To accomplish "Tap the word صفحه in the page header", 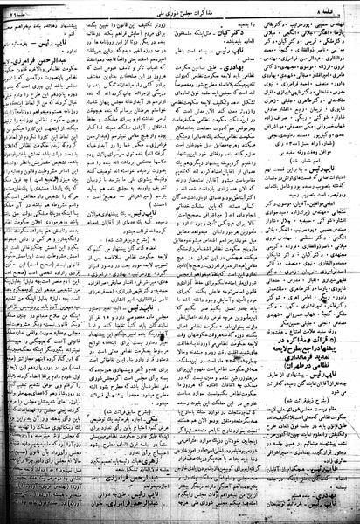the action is pyautogui.click(x=345, y=8).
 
